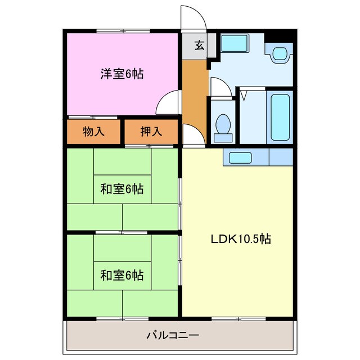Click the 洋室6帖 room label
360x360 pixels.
click(x=121, y=74)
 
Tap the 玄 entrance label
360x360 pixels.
click(x=199, y=46)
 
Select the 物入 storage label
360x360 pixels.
click(x=94, y=132)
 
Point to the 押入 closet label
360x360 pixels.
click(x=151, y=132)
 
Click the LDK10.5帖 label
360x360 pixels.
click(x=241, y=239)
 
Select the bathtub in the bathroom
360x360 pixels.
click(x=280, y=118)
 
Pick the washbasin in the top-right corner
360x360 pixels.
click(x=280, y=54)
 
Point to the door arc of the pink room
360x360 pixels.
click(x=167, y=102)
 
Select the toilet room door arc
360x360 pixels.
click(x=219, y=87)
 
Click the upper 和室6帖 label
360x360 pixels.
click(x=121, y=190)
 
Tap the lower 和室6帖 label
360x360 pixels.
click(x=121, y=275)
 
